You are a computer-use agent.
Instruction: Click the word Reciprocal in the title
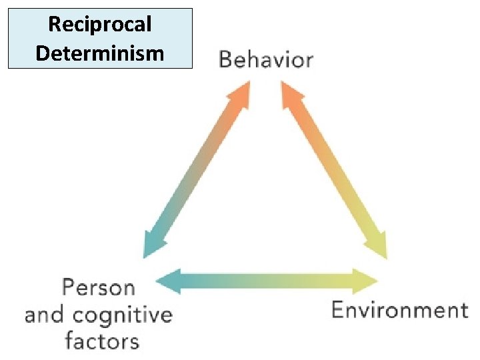coord(100,25)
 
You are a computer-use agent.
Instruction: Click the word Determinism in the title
coord(100,52)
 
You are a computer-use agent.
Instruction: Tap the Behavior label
coord(265,60)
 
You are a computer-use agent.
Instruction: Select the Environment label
coord(399,310)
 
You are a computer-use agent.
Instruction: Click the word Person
coord(98,288)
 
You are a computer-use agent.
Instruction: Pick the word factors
coord(102,341)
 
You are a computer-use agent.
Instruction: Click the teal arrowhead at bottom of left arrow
coord(151,246)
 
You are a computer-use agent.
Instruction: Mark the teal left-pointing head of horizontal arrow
coord(167,280)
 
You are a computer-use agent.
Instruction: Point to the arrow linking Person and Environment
coord(267,280)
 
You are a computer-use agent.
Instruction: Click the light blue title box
coord(100,38)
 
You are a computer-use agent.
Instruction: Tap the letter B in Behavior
coord(225,60)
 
